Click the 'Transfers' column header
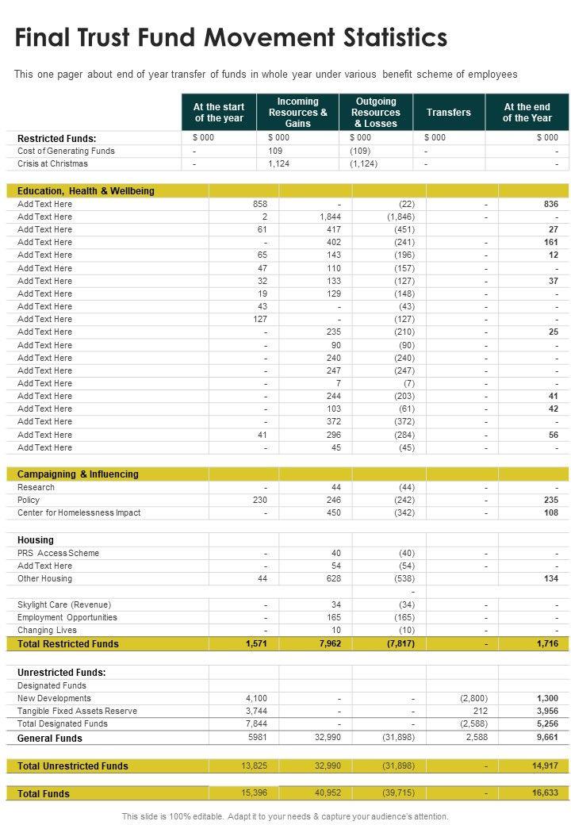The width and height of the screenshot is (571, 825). pos(448,113)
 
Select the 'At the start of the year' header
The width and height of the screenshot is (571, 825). pos(219,113)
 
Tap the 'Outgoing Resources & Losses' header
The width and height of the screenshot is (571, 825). pos(376,113)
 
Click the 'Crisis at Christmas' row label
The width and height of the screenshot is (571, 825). pos(53,163)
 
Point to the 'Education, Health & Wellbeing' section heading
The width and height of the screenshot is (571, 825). pos(86,191)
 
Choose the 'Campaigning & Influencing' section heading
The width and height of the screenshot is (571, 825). pos(78,474)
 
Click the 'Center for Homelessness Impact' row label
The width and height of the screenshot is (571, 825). pos(79,512)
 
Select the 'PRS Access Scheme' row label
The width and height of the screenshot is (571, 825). pos(58,553)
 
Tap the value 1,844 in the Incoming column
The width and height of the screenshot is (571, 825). pos(330,217)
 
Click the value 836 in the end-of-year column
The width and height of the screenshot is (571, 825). pos(551,204)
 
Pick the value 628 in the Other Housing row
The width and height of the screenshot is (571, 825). pos(333,578)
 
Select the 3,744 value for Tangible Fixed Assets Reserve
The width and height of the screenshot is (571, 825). pos(256,711)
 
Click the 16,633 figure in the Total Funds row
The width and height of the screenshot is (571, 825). pos(546,793)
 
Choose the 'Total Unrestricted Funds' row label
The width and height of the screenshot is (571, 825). pos(73,766)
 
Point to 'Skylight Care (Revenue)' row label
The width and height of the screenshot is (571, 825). pos(64,604)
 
